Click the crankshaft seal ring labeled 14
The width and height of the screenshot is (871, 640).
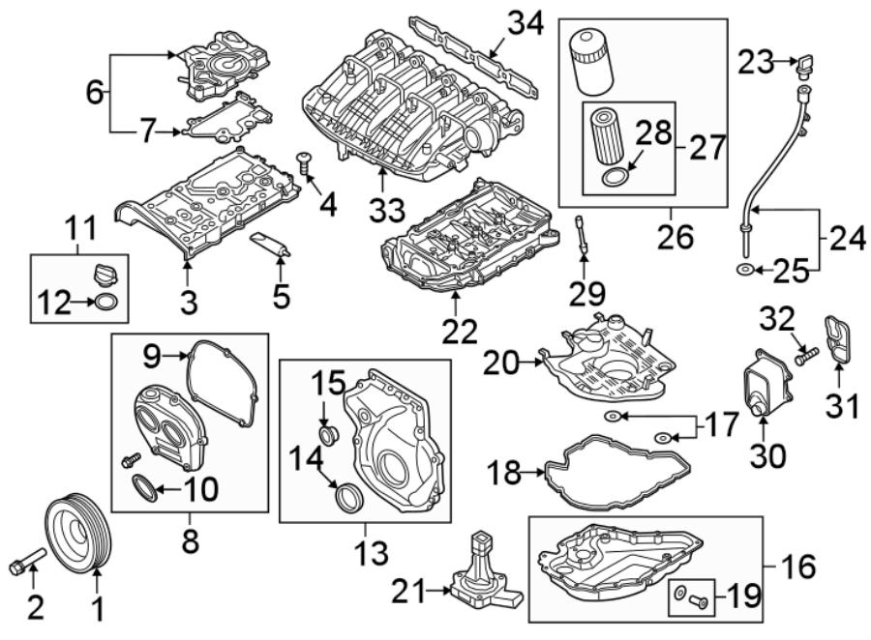point(347,498)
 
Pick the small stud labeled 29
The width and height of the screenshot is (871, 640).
point(583,237)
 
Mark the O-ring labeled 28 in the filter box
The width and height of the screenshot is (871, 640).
point(614,175)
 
